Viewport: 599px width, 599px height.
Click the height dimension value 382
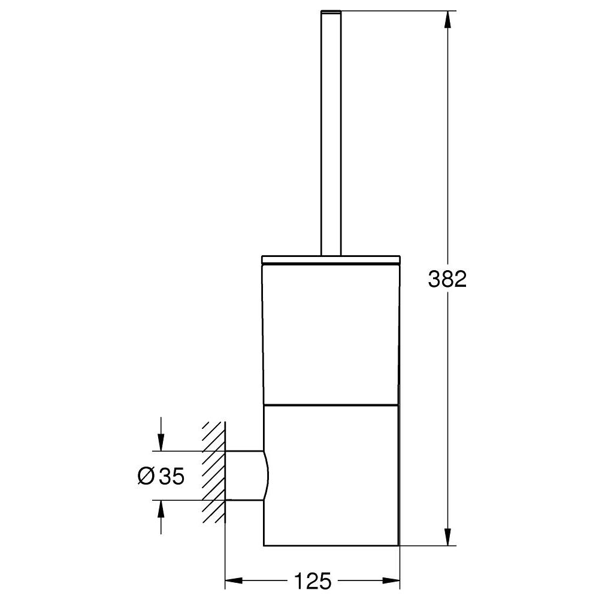[447, 279]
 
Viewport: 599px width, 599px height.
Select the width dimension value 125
[312, 580]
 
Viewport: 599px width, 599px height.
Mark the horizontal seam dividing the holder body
[331, 404]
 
